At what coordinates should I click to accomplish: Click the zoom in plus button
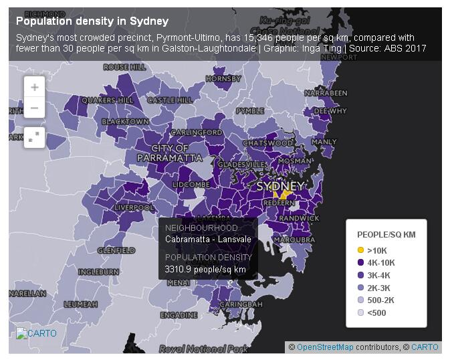34,87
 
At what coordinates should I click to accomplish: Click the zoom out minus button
34,107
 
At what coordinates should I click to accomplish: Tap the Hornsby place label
223,78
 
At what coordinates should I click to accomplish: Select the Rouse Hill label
125,68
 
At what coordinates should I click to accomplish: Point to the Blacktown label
125,121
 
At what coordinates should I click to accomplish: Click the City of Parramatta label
169,153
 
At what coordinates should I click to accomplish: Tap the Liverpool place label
134,207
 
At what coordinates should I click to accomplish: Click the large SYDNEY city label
280,185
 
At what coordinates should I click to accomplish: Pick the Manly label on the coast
324,142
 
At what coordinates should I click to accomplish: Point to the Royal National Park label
203,349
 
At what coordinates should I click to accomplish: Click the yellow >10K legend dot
360,250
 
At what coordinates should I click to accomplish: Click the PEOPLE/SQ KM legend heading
386,235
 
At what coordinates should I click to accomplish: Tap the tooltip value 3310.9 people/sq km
205,270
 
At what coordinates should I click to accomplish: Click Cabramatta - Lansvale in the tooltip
208,240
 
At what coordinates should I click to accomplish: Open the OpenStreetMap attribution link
326,347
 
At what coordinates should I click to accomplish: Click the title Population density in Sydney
92,21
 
